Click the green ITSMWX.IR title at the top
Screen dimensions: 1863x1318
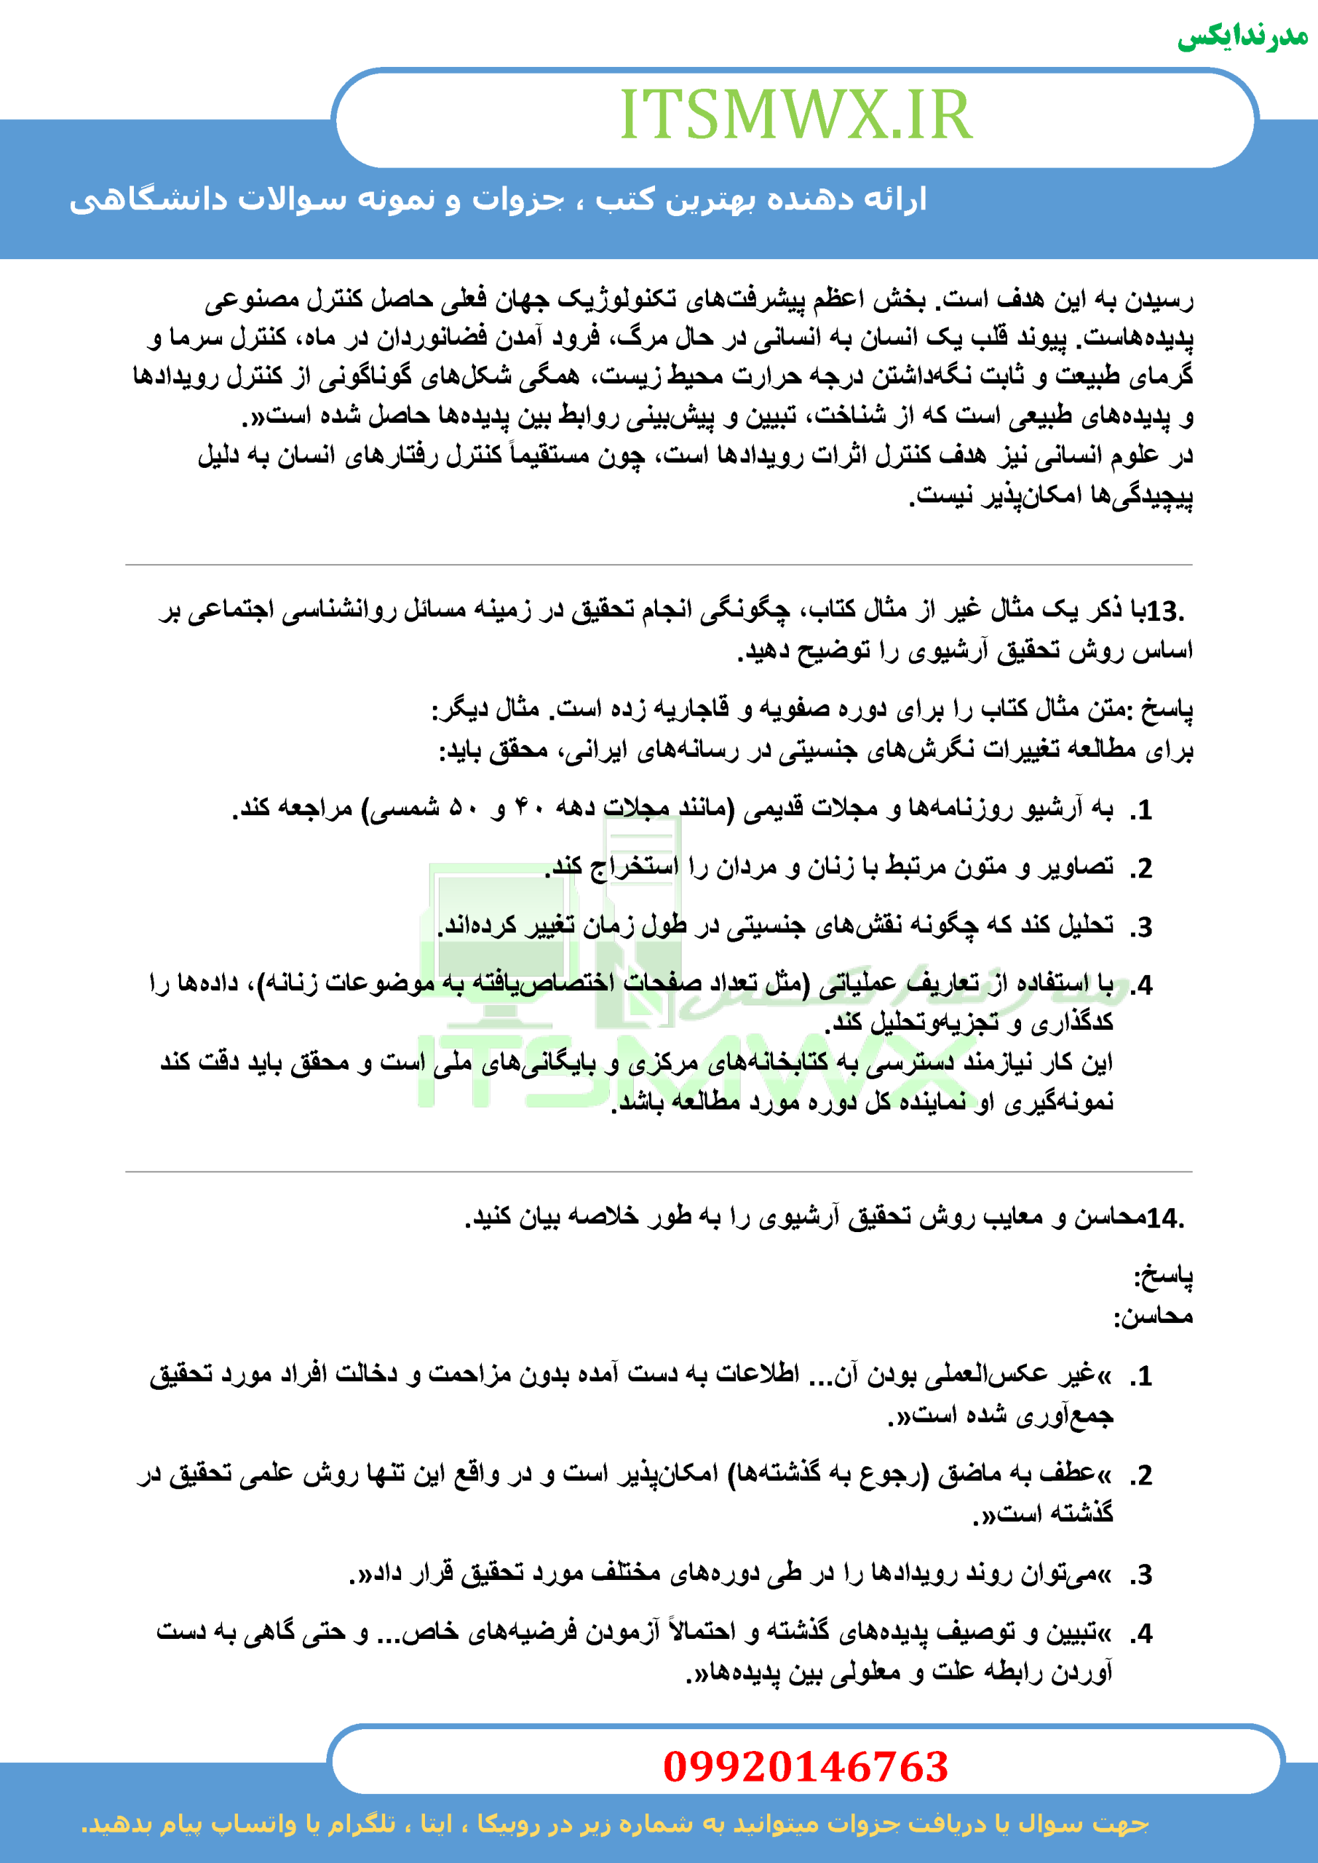pyautogui.click(x=795, y=115)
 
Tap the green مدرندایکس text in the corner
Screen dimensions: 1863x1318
pyautogui.click(x=1242, y=37)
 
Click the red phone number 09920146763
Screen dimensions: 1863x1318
pyautogui.click(x=805, y=1766)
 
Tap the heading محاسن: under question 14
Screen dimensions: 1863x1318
pyautogui.click(x=1153, y=1315)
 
